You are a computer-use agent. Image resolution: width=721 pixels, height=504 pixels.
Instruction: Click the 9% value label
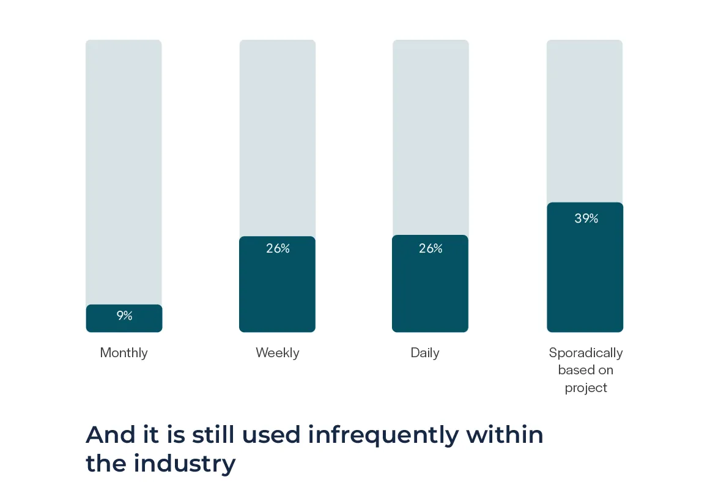(x=124, y=316)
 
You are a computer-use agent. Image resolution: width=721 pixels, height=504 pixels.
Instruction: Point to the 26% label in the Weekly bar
(x=278, y=248)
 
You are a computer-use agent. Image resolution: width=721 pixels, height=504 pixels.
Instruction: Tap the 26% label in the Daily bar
(x=431, y=248)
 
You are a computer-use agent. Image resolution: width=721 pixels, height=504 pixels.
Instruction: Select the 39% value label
(x=586, y=218)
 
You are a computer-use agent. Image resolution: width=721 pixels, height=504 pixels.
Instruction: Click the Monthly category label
(x=124, y=353)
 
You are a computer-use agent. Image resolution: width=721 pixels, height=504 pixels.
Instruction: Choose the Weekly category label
(x=278, y=353)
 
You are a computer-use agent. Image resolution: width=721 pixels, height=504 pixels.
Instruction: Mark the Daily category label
(x=425, y=353)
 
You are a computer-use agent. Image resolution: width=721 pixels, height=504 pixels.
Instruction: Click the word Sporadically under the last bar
(x=586, y=353)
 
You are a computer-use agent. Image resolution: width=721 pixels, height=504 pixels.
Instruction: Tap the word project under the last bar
(x=586, y=388)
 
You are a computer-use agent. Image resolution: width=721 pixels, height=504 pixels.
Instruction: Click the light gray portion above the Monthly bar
(x=124, y=171)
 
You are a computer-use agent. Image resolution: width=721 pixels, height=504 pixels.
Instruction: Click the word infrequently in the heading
(x=383, y=435)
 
